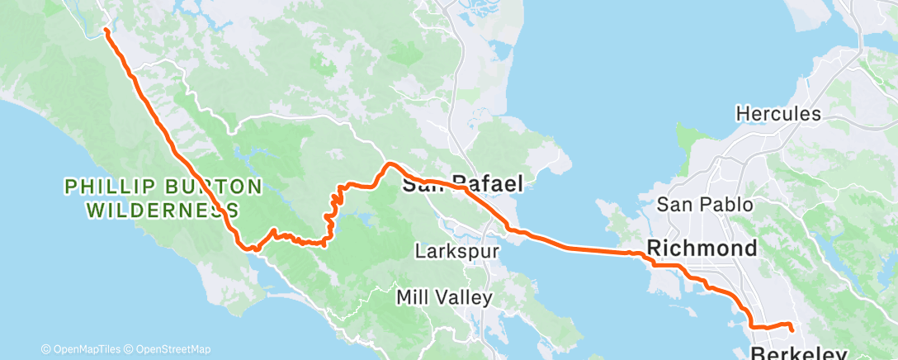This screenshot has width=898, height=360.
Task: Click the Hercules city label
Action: [x=778, y=114]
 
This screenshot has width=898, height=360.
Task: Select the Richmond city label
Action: [x=702, y=248]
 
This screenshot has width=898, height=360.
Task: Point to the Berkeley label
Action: [x=799, y=354]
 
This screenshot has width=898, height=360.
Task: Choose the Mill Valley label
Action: [x=444, y=296]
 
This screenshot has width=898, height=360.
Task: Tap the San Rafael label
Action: [x=462, y=185]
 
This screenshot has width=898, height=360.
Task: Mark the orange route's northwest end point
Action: [x=106, y=31]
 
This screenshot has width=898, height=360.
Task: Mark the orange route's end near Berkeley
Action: [x=792, y=329]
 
